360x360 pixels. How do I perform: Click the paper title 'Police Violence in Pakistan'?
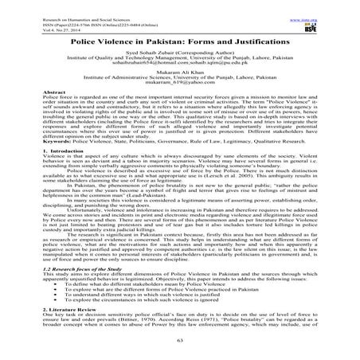[180, 39]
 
